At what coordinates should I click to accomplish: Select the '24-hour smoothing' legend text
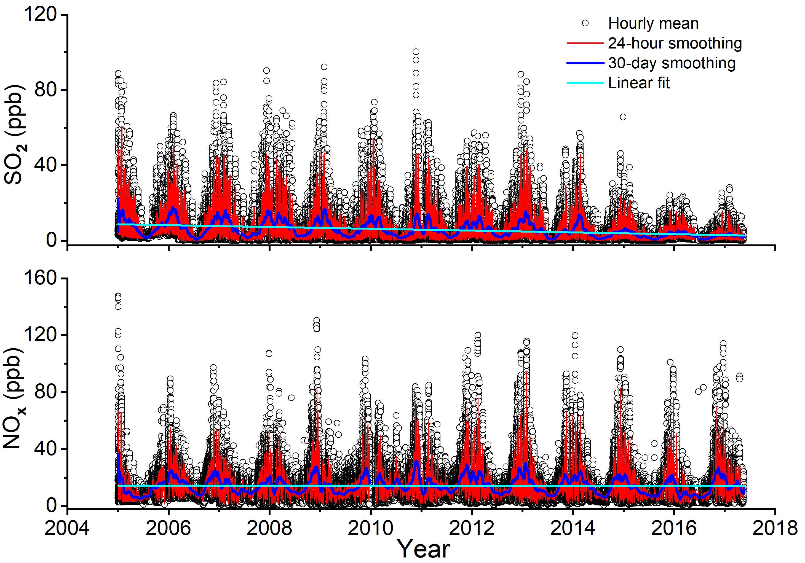[x=675, y=44]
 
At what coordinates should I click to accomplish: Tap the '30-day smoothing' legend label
[x=672, y=63]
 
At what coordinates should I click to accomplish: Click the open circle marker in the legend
[x=585, y=23]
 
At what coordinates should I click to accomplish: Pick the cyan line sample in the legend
[x=585, y=83]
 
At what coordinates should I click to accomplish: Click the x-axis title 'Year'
[x=424, y=549]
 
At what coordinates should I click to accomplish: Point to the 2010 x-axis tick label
[x=370, y=528]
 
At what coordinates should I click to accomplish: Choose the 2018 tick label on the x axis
[x=775, y=528]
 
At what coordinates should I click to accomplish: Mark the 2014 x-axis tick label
[x=573, y=528]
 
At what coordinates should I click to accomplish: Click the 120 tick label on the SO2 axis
[x=40, y=15]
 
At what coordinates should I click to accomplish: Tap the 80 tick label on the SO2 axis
[x=46, y=90]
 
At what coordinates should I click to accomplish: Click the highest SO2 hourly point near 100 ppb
[x=416, y=52]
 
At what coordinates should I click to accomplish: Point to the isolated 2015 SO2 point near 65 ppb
[x=623, y=117]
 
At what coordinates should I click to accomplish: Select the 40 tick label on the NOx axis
[x=46, y=449]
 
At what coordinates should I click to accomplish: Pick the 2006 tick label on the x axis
[x=168, y=528]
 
